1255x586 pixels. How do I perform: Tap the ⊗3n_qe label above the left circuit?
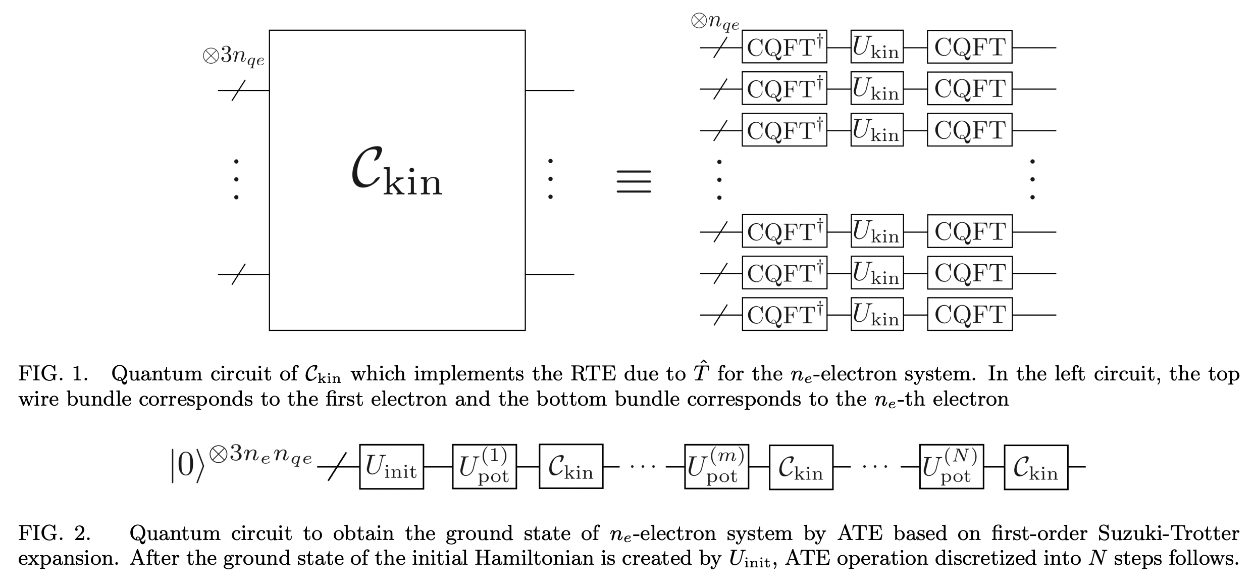coord(233,56)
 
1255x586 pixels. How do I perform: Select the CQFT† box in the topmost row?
coord(784,47)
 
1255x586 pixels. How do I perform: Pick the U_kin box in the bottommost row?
coord(876,315)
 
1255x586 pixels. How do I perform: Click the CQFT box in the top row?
coord(969,47)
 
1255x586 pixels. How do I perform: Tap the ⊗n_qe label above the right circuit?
coord(714,22)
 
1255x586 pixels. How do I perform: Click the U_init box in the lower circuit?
coord(391,467)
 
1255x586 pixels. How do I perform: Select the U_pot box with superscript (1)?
coord(484,467)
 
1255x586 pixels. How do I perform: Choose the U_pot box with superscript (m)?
coord(716,467)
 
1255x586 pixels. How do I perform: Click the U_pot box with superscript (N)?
coord(951,467)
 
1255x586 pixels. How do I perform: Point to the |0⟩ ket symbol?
coord(187,466)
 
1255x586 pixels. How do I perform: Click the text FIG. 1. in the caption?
coord(53,374)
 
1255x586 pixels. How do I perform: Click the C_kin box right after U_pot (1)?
coord(570,467)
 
